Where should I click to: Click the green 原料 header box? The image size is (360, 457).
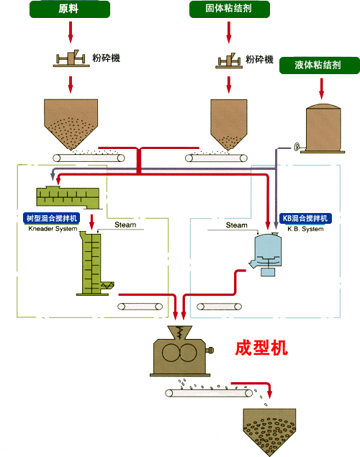point(70,9)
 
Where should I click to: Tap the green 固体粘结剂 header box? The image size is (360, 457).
point(230,9)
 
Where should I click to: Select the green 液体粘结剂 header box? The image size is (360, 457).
point(320,65)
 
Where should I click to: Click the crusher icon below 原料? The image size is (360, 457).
point(71,58)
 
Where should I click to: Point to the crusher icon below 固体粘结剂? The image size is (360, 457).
point(229,60)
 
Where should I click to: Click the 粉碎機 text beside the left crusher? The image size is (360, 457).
point(106,58)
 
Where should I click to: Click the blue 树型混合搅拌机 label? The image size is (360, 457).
point(51,218)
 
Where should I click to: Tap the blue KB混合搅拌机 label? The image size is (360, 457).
point(305,218)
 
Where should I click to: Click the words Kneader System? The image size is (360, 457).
point(53,229)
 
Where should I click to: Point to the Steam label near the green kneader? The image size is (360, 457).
point(125,225)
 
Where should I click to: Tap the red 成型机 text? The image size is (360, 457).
point(261,348)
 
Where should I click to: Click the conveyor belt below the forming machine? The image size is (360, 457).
point(209,393)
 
